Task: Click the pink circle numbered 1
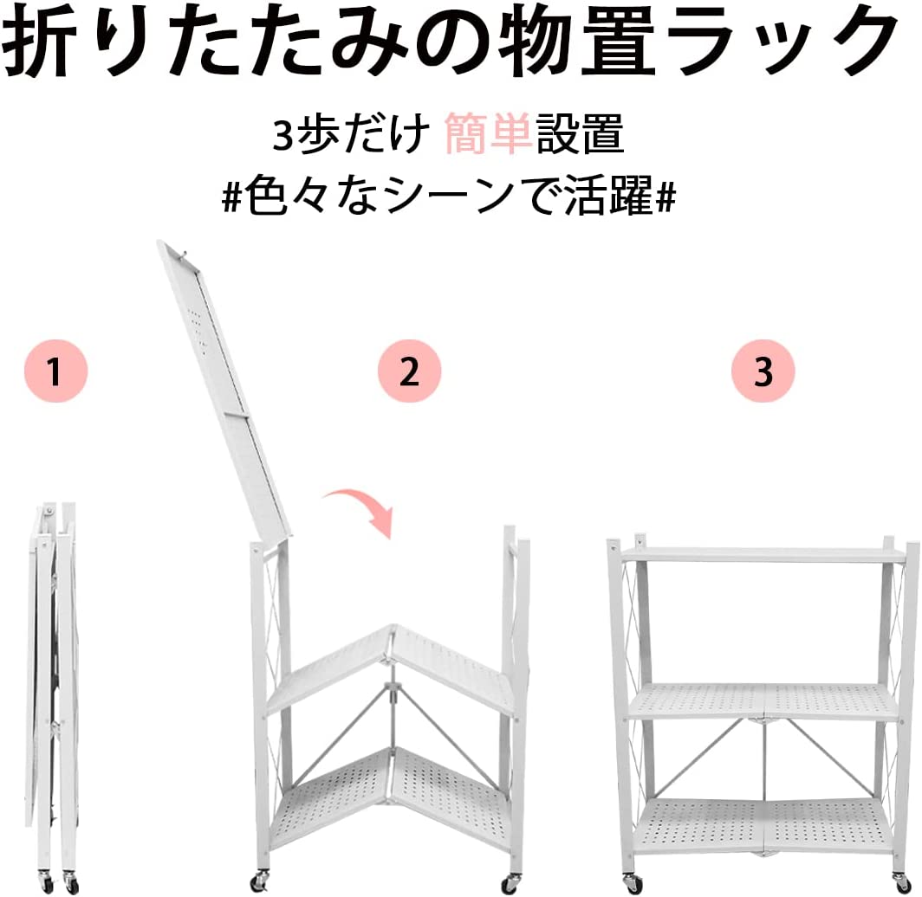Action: point(55,371)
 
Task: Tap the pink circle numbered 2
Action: point(409,371)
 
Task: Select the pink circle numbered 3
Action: point(763,371)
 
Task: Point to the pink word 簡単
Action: point(489,134)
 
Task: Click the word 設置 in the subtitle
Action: point(580,134)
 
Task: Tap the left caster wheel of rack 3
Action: point(633,881)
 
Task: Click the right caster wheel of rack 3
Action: point(900,881)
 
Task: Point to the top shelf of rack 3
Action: point(763,555)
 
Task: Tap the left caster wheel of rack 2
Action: point(259,881)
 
